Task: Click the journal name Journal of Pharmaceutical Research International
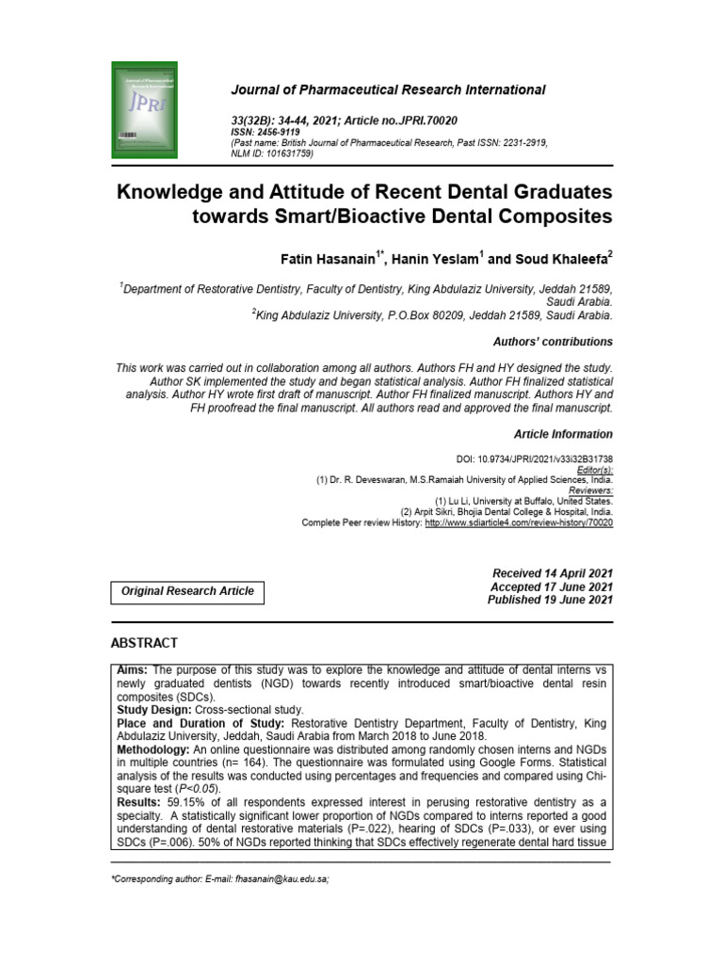388,90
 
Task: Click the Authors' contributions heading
553,342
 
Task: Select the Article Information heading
562,434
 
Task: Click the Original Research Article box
188,591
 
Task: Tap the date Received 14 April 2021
552,573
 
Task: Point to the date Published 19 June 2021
550,600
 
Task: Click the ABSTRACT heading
144,643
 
